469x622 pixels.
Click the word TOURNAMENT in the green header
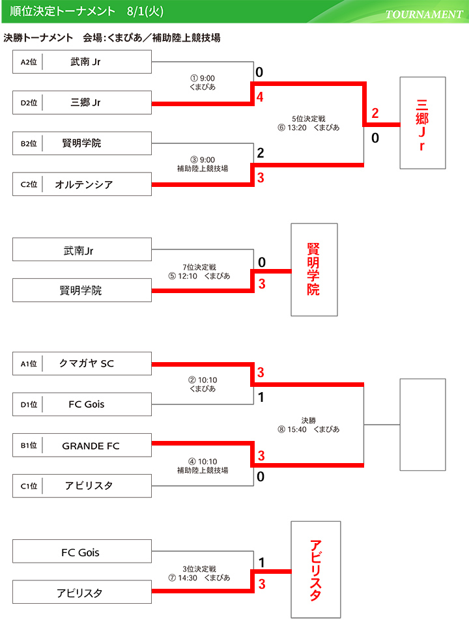pyautogui.click(x=423, y=14)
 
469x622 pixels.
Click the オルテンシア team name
pyautogui.click(x=84, y=184)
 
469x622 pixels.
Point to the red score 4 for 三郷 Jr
pyautogui.click(x=259, y=98)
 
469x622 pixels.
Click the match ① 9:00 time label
pyautogui.click(x=203, y=78)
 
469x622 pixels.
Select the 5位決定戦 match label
pyautogui.click(x=308, y=119)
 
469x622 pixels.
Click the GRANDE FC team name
pyautogui.click(x=91, y=445)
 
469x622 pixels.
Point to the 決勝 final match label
pyautogui.click(x=308, y=420)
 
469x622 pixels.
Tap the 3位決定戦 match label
pyautogui.click(x=199, y=569)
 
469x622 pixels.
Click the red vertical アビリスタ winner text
pyautogui.click(x=315, y=571)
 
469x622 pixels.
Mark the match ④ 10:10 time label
pyautogui.click(x=203, y=462)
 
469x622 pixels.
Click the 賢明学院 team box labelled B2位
pyautogui.click(x=82, y=143)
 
